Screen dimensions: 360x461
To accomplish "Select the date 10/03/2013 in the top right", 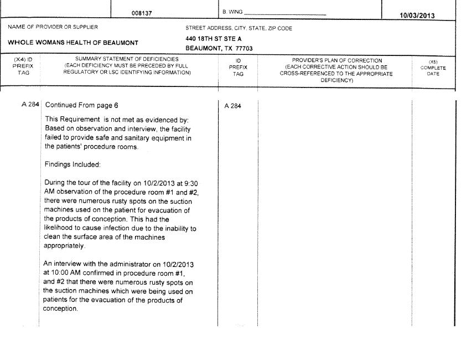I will [x=417, y=16].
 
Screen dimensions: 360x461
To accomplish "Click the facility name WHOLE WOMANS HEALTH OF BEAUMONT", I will [x=73, y=43].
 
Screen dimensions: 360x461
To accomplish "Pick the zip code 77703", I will [x=244, y=48].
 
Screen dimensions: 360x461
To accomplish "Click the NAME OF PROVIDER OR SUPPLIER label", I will [x=53, y=28].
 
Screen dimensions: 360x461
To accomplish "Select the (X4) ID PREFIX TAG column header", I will [x=23, y=66].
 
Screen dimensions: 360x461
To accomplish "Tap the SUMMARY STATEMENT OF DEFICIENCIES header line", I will [x=127, y=59].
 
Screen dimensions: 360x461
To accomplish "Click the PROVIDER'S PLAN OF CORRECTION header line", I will [x=336, y=60].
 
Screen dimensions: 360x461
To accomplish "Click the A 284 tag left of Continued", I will [x=30, y=105].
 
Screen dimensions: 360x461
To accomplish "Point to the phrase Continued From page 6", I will [x=81, y=105].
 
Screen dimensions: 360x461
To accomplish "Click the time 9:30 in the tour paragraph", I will [x=190, y=183].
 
